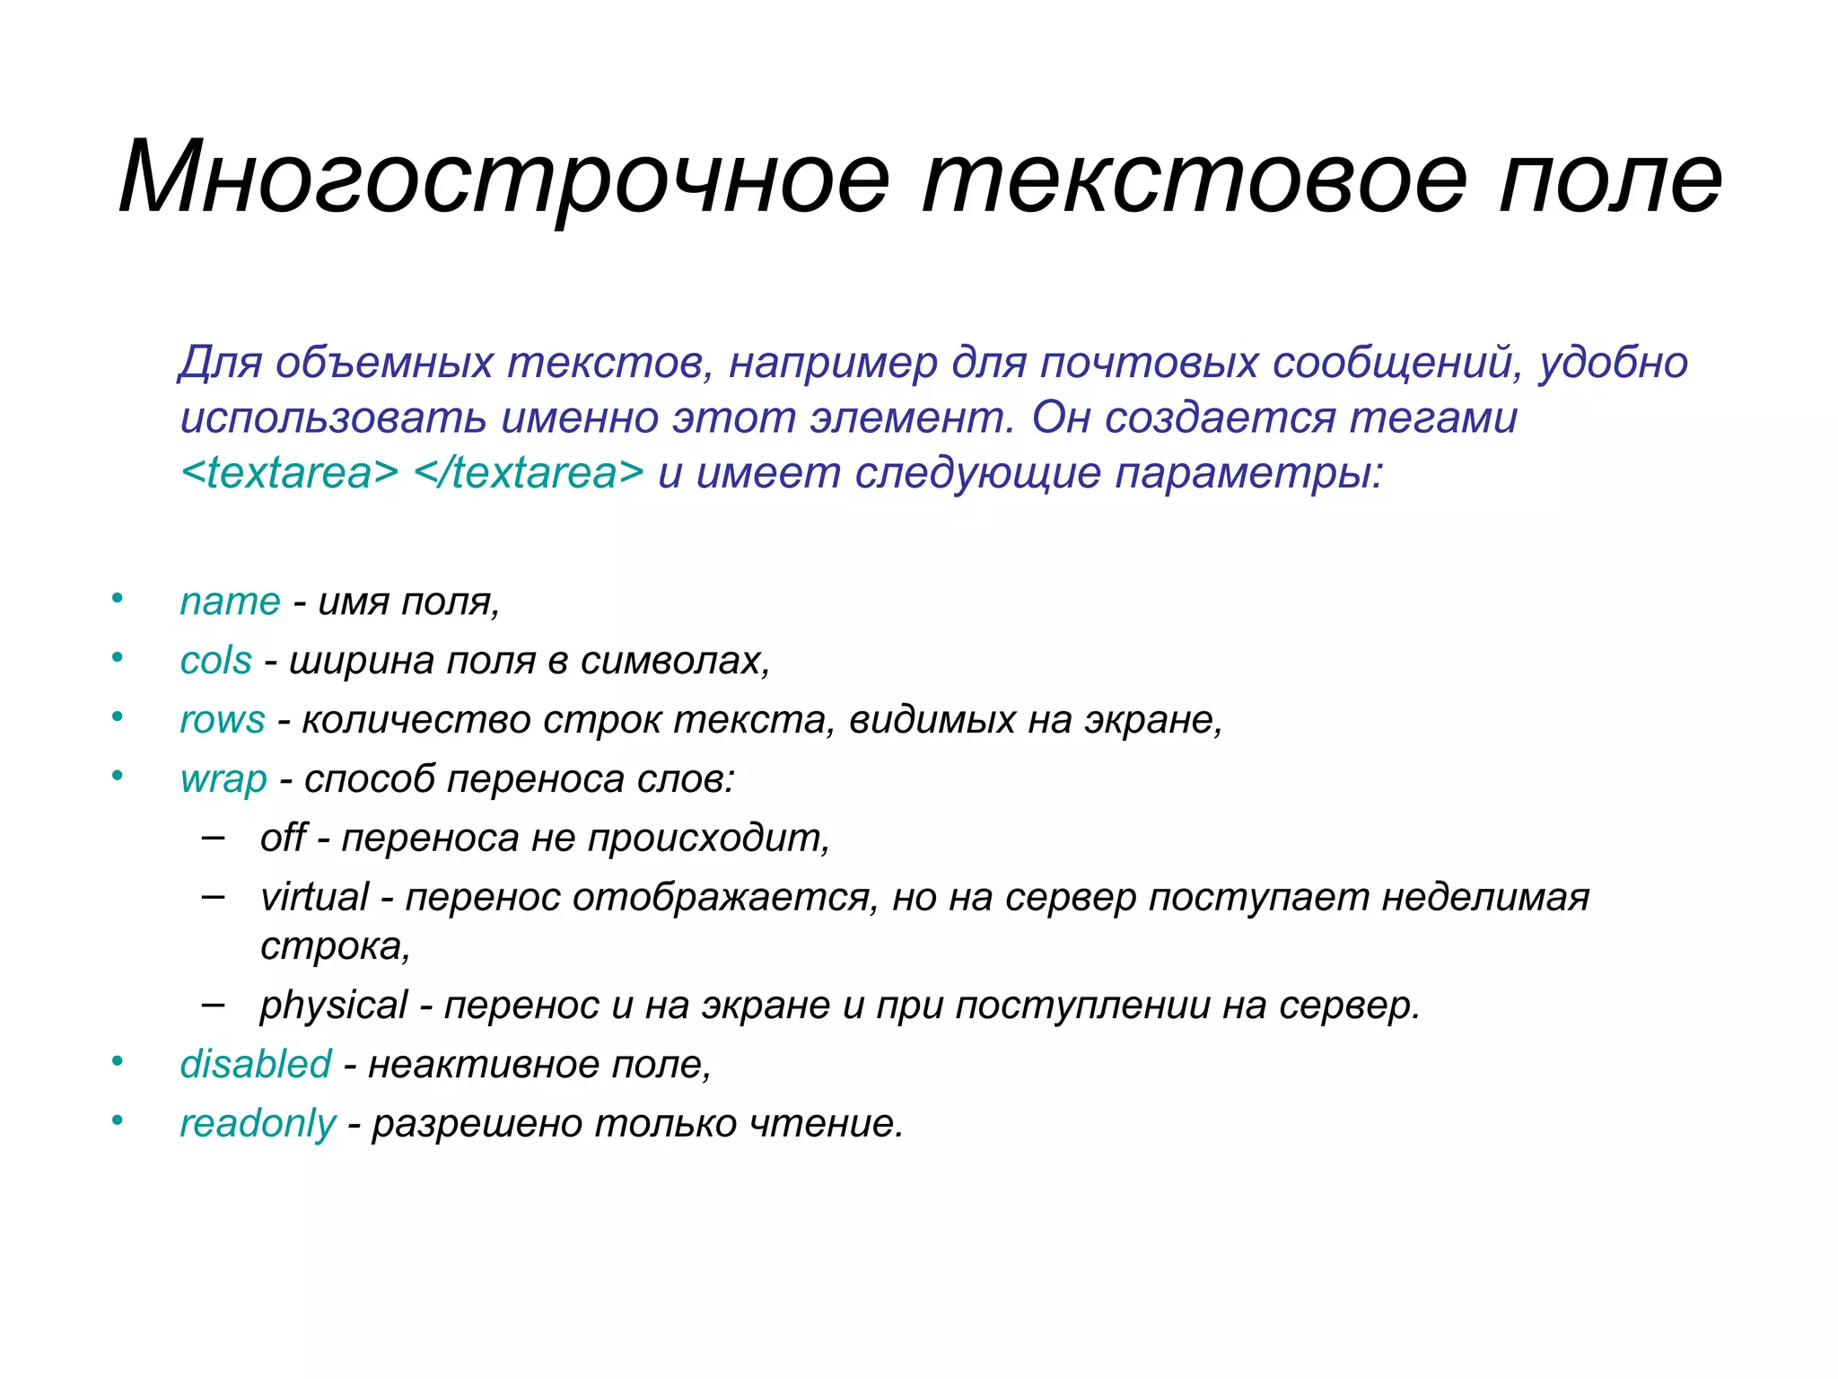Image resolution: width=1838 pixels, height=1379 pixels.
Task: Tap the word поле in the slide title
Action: pos(1611,178)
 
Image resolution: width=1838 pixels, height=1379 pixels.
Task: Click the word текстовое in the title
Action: pos(1195,178)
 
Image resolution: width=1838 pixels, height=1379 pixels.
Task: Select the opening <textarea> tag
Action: pos(289,473)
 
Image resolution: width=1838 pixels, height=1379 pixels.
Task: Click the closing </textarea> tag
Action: pos(529,473)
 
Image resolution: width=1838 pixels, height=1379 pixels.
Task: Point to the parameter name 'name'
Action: pos(230,602)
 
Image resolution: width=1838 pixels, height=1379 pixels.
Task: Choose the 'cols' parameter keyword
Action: pos(215,661)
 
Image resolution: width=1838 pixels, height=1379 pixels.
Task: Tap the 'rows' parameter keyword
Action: pos(222,720)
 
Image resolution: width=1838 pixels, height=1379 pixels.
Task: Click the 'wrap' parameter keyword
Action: pos(223,779)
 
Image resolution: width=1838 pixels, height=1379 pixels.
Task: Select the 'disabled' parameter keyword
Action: pos(256,1064)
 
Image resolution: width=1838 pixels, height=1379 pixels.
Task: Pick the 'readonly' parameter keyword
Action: pos(258,1124)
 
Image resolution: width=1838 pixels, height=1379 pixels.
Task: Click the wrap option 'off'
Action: pos(283,838)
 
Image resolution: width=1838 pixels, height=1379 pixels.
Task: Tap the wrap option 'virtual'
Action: pos(314,897)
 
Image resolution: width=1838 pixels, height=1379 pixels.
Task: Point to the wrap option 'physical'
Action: pos(333,1006)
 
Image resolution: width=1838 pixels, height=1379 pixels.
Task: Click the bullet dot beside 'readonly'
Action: pos(117,1120)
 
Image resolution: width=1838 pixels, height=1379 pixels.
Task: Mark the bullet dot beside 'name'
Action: pos(117,598)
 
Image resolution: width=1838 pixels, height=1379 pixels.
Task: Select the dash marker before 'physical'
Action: pos(214,1004)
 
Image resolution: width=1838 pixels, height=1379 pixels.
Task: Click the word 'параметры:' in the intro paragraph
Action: pos(1249,473)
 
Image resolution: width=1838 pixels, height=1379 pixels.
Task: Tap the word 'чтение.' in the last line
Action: pos(826,1124)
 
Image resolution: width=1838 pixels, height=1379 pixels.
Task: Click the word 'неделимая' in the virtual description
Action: pos(1485,897)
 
